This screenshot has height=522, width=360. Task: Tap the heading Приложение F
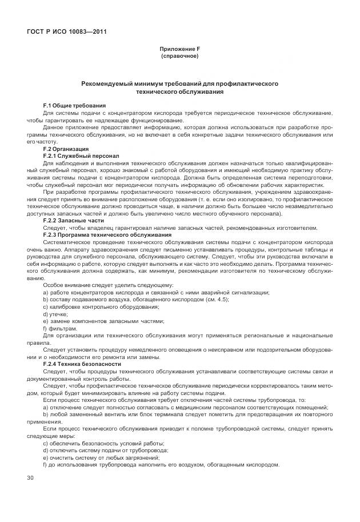(x=179, y=50)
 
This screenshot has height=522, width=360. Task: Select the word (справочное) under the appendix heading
(x=179, y=57)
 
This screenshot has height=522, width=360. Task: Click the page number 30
(x=30, y=477)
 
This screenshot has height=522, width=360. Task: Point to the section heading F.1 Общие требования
(x=74, y=105)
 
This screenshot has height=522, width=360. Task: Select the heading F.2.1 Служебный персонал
(x=81, y=156)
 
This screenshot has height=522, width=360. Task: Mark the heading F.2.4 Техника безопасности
(x=82, y=363)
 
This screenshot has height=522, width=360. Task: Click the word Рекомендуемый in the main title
(x=109, y=83)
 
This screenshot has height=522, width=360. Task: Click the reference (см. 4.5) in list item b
(x=217, y=299)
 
